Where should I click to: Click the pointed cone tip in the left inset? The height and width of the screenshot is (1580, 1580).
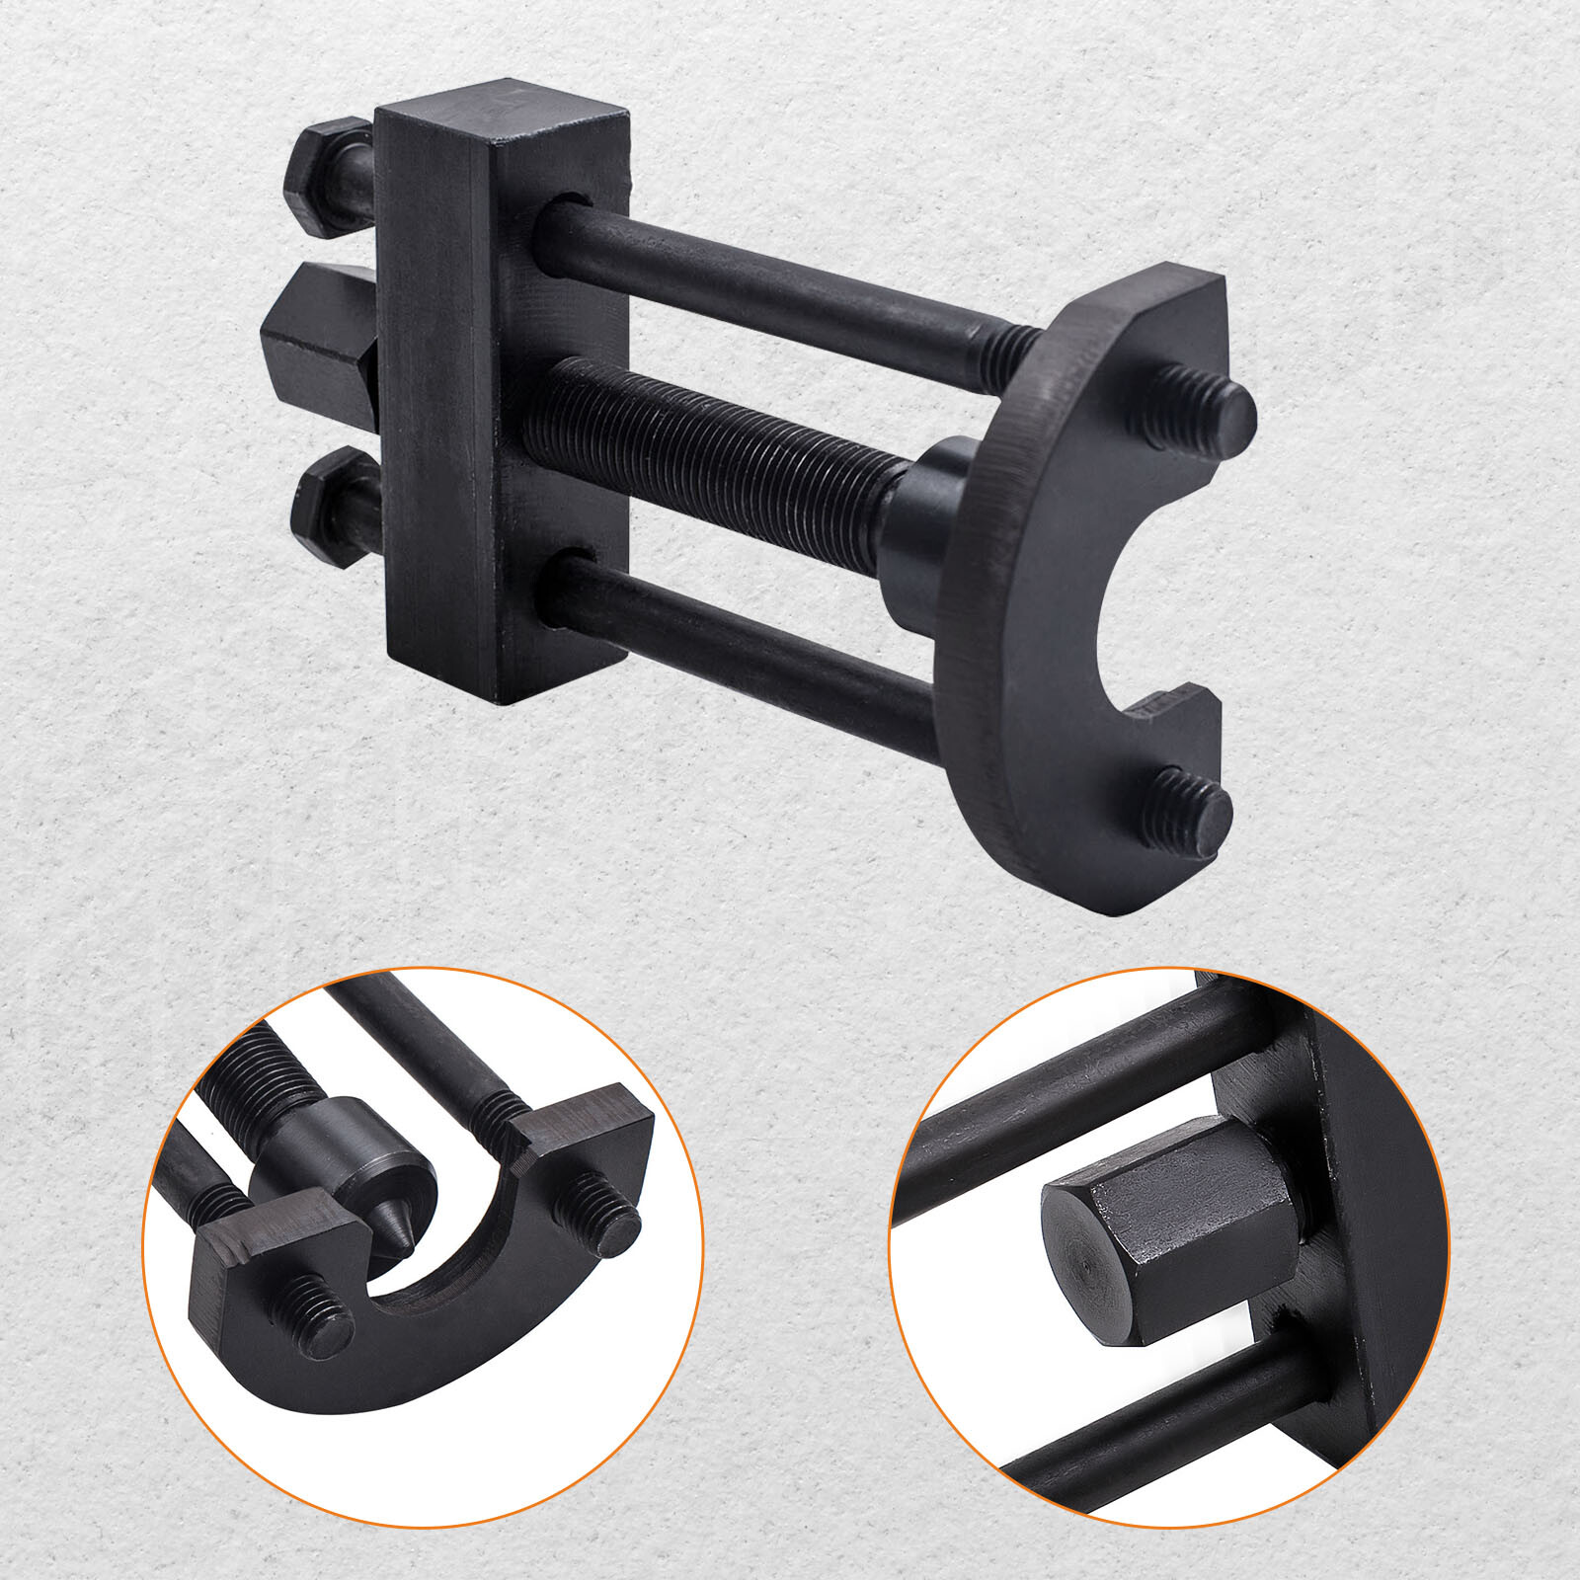point(395,1234)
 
